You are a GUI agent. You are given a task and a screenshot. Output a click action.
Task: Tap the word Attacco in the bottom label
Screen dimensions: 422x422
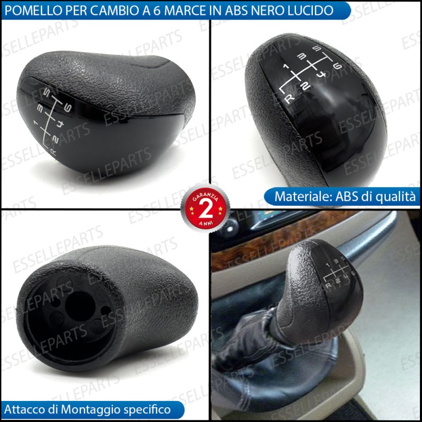click(x=24, y=409)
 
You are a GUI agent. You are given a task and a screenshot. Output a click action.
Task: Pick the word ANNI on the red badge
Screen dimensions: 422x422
click(x=206, y=223)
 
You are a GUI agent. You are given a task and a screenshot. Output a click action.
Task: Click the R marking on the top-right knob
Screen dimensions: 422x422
click(x=289, y=99)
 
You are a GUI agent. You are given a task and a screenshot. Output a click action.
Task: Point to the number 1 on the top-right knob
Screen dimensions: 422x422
click(x=286, y=66)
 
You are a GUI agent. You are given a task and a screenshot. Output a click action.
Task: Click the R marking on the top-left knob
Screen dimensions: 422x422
click(x=53, y=152)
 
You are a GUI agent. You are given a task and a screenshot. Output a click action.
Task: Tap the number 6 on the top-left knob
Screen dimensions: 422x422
click(x=68, y=108)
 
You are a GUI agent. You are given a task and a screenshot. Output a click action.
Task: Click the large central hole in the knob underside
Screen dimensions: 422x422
click(x=80, y=306)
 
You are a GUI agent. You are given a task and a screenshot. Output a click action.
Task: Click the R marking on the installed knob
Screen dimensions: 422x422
click(x=328, y=285)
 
